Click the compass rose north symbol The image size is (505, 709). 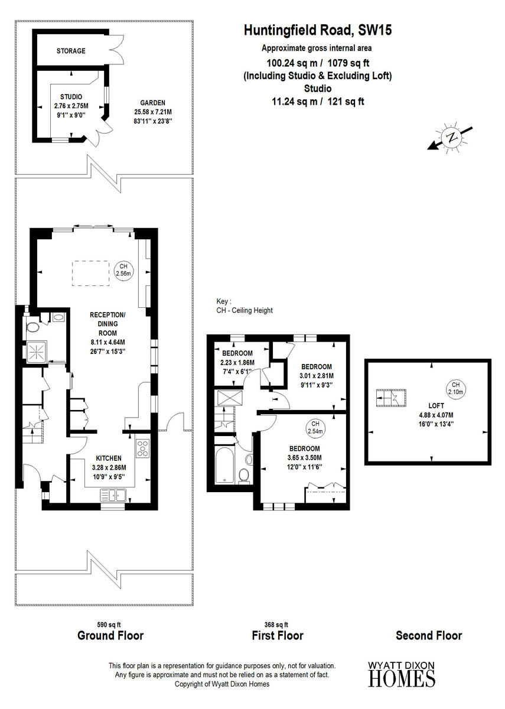(452, 137)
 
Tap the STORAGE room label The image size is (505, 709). (71, 51)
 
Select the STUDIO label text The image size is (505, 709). (71, 96)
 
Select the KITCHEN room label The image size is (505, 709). (109, 458)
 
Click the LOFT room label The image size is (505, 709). (436, 406)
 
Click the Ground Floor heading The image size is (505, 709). (110, 636)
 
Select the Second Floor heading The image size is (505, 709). (429, 636)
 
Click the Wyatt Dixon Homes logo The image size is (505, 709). (402, 674)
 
